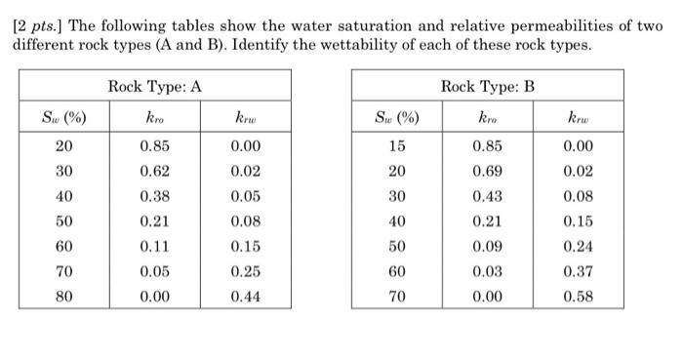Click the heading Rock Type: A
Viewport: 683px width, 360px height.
click(x=155, y=87)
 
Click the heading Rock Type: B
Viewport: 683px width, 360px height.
click(x=488, y=87)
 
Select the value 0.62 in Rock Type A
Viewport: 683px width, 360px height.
click(x=154, y=171)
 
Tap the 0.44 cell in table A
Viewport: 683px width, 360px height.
click(x=245, y=295)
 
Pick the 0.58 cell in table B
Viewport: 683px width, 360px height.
click(x=579, y=295)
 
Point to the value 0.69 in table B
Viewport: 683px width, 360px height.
click(x=488, y=171)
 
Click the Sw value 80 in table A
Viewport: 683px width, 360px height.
click(x=62, y=295)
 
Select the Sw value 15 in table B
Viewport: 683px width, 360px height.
click(x=396, y=146)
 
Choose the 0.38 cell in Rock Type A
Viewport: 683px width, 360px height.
click(x=154, y=195)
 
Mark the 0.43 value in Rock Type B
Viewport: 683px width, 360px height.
click(x=488, y=195)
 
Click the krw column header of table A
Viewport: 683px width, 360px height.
click(x=245, y=119)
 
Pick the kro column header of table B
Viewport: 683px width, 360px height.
click(x=488, y=119)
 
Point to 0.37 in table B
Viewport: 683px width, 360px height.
click(x=579, y=270)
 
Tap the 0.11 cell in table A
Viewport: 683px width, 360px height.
click(x=154, y=245)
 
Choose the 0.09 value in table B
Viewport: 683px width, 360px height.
click(x=488, y=245)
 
